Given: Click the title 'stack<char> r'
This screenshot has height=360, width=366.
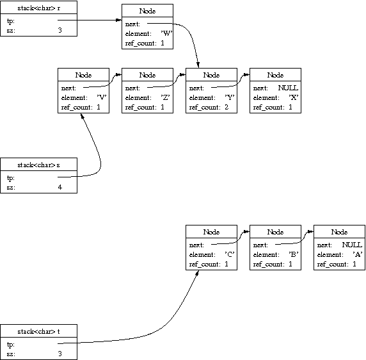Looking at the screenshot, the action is click(x=39, y=8).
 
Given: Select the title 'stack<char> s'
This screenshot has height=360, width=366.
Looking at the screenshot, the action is click(x=39, y=165).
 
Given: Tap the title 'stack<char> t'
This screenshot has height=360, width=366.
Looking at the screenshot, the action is click(x=39, y=331).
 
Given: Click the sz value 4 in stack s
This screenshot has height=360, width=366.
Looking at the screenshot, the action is click(x=60, y=187).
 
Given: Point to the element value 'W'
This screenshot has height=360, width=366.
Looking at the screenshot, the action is click(x=166, y=34).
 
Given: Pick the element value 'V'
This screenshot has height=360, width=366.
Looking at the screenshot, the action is click(x=102, y=97).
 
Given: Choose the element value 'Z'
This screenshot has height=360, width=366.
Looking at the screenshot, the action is click(x=166, y=97).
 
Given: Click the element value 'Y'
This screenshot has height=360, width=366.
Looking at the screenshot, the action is click(x=230, y=97).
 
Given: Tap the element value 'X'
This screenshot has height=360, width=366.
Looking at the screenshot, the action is click(x=294, y=97).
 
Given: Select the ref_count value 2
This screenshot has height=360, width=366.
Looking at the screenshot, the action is click(x=227, y=107).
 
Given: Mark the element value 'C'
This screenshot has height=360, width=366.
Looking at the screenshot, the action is click(x=230, y=254).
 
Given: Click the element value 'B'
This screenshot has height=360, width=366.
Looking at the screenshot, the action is click(x=294, y=254).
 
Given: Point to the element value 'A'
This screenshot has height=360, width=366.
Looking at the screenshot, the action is click(x=358, y=254).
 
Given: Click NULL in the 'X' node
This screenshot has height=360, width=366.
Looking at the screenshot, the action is click(x=288, y=88).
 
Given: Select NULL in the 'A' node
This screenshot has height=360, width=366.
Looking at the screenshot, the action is click(x=352, y=245).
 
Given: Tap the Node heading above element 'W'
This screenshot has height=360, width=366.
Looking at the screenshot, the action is click(x=147, y=11).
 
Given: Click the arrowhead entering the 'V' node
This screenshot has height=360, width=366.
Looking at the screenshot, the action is click(x=82, y=116).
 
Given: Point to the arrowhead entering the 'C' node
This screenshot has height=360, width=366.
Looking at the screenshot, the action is click(x=197, y=273).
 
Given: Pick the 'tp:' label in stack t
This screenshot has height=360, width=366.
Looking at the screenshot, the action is click(x=11, y=345).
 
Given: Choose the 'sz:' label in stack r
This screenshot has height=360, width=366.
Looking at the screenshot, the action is click(x=11, y=30).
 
